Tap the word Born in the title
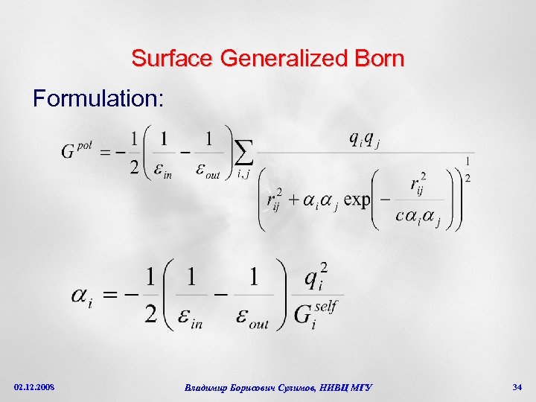(382, 58)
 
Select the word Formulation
(98, 99)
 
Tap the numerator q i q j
(364, 138)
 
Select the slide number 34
(517, 387)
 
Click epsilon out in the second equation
(254, 316)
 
